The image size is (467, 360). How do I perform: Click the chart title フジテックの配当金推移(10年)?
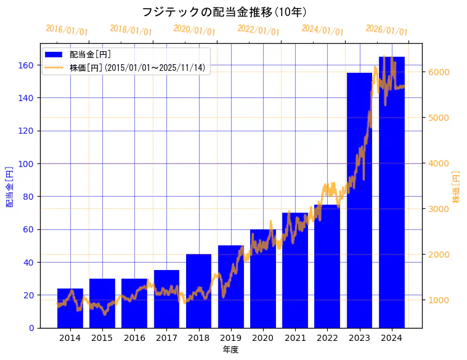[x=224, y=12]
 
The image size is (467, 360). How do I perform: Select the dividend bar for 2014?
[x=70, y=308]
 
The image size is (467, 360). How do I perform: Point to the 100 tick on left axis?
[x=26, y=164]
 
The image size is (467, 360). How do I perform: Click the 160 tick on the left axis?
[x=26, y=65]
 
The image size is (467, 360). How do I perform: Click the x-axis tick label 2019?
[x=231, y=338]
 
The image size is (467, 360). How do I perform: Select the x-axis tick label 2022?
[x=327, y=338]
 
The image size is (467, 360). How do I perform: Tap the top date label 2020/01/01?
[x=194, y=30]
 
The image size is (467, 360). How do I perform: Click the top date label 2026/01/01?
[x=386, y=30]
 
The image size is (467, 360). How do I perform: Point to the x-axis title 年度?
[x=230, y=350]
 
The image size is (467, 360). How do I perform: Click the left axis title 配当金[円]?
[x=9, y=186]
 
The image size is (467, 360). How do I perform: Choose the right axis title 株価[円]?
[x=457, y=187]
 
